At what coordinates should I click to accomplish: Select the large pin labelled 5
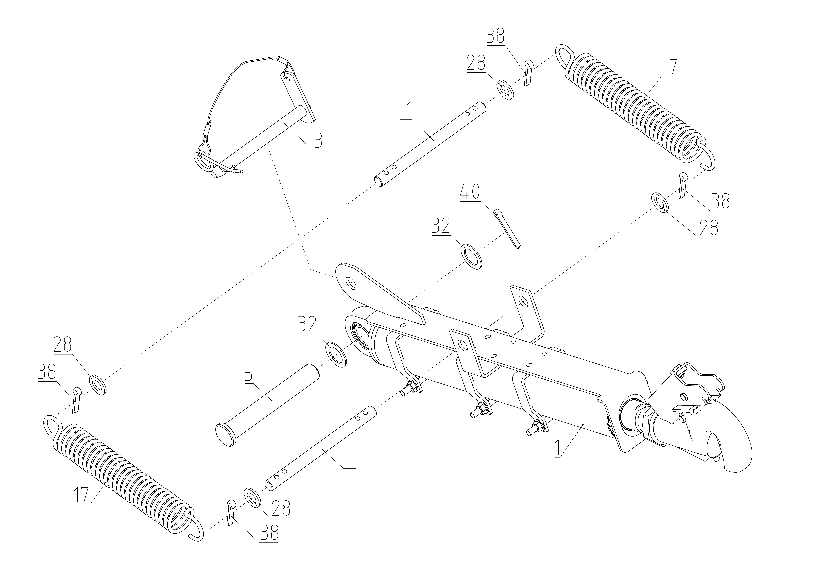click(269, 405)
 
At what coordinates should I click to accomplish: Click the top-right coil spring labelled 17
click(630, 107)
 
